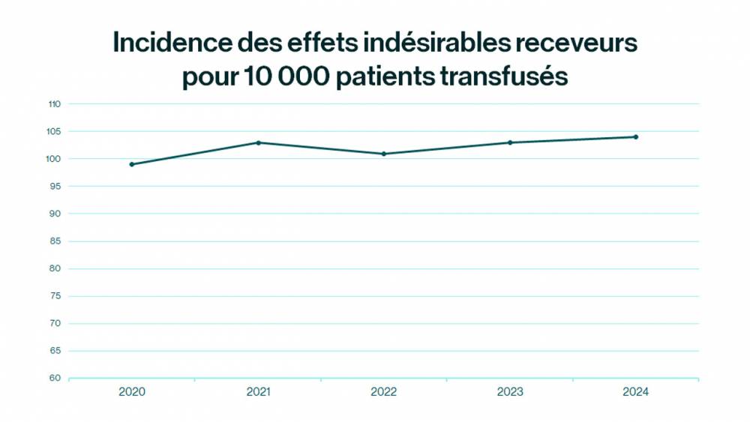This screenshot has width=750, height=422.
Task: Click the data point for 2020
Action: click(132, 164)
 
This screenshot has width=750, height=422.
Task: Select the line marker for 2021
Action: click(258, 142)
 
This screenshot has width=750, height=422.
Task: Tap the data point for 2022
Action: click(384, 154)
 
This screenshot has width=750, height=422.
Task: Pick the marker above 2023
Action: click(510, 142)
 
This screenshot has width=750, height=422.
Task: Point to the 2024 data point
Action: click(636, 137)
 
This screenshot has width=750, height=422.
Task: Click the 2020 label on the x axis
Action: click(132, 392)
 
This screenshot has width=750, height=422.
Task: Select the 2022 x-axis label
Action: click(384, 392)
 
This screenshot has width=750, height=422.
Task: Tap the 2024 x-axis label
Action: click(636, 392)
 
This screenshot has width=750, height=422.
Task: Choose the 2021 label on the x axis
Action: click(258, 392)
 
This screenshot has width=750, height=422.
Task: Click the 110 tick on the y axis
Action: click(54, 104)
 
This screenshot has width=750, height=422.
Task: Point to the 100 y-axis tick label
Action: click(54, 159)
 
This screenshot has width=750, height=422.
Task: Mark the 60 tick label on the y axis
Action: click(56, 379)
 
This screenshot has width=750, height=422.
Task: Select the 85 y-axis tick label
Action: click(56, 241)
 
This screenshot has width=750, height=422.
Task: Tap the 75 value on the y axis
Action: click(56, 296)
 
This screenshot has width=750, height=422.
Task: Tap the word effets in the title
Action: click(321, 44)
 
